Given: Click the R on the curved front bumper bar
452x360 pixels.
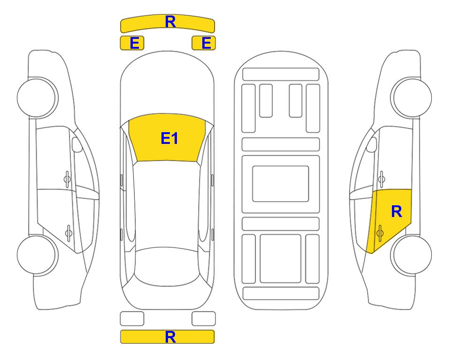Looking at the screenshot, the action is point(170,22).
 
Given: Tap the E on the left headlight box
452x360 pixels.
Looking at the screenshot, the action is point(135,43).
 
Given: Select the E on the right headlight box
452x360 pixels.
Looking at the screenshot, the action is point(207,43).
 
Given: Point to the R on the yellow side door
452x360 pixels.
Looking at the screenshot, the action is point(396,212).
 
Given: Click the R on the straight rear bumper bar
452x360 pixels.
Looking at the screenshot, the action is point(170,337).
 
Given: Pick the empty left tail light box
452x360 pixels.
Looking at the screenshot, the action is point(132,319).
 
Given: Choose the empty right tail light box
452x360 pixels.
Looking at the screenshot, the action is point(204,319).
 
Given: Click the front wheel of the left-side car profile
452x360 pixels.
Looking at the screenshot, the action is point(37,97).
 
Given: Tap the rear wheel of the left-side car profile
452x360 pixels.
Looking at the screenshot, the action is point(37,255).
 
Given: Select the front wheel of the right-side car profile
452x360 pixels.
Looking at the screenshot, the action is point(411,97).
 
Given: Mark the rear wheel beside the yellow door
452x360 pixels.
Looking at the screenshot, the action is point(411,255).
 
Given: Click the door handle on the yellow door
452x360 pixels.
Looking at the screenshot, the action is point(380,233).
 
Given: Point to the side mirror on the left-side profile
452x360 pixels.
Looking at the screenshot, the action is point(77,144).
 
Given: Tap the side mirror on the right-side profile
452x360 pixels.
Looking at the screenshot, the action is point(372,144).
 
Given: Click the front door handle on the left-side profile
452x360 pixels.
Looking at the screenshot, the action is point(67,180).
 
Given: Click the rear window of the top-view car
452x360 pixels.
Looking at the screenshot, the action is point(167,267).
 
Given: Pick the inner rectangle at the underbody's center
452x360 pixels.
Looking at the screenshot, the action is point(281,184).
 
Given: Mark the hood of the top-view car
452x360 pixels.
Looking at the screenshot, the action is point(167,86).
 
